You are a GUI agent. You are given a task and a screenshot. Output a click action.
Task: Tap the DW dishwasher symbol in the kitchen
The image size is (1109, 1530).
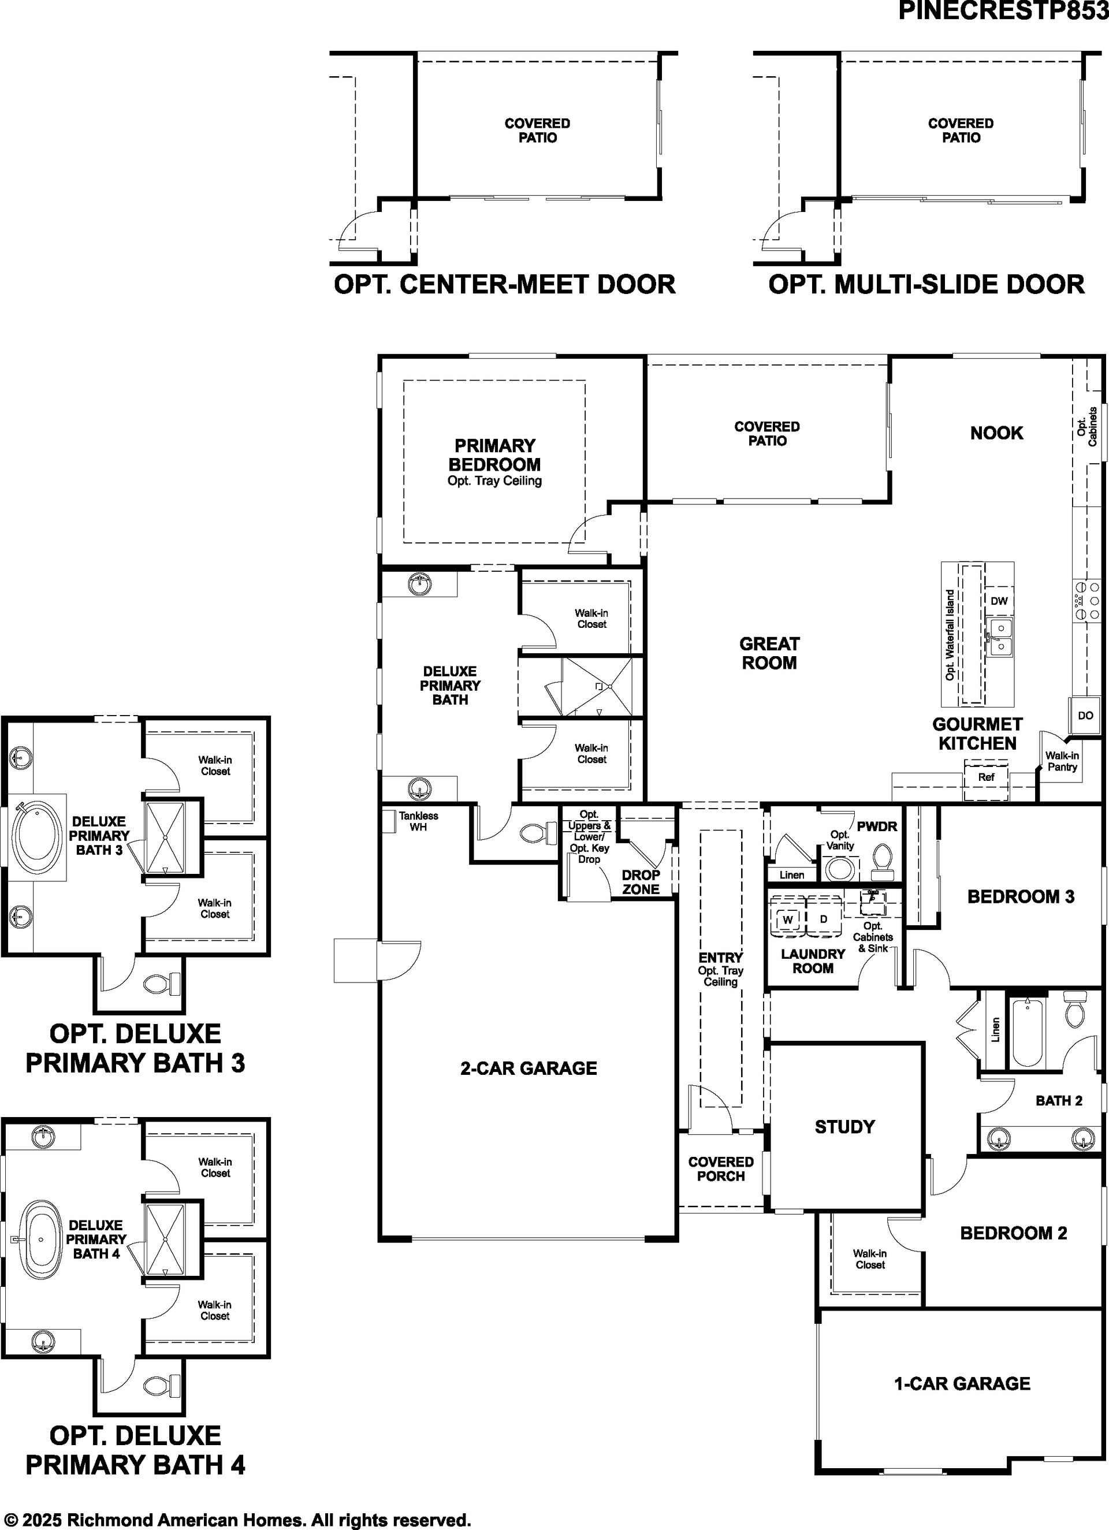point(999,601)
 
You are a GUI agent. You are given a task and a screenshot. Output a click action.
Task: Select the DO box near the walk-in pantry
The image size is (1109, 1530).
point(1085,715)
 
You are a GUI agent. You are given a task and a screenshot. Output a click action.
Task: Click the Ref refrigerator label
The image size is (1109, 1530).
point(986,777)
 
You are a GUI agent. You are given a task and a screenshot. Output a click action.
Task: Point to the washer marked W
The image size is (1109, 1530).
point(788,919)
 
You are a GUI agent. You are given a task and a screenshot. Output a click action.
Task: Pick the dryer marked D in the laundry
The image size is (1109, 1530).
point(824,919)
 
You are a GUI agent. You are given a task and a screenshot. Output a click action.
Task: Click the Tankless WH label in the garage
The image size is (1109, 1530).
point(418,821)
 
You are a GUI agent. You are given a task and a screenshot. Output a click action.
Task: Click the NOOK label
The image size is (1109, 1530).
point(996,433)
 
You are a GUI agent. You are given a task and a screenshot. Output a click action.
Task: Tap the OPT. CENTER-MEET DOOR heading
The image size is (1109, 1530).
point(505,284)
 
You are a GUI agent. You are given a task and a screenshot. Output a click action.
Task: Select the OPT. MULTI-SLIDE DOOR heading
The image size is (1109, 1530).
point(926,284)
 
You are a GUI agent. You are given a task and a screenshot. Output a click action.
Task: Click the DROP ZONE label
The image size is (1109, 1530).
point(641,882)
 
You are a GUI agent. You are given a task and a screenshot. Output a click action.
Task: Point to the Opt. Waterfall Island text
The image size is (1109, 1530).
point(950,635)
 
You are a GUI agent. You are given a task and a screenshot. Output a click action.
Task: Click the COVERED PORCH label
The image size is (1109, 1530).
point(720,1168)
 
